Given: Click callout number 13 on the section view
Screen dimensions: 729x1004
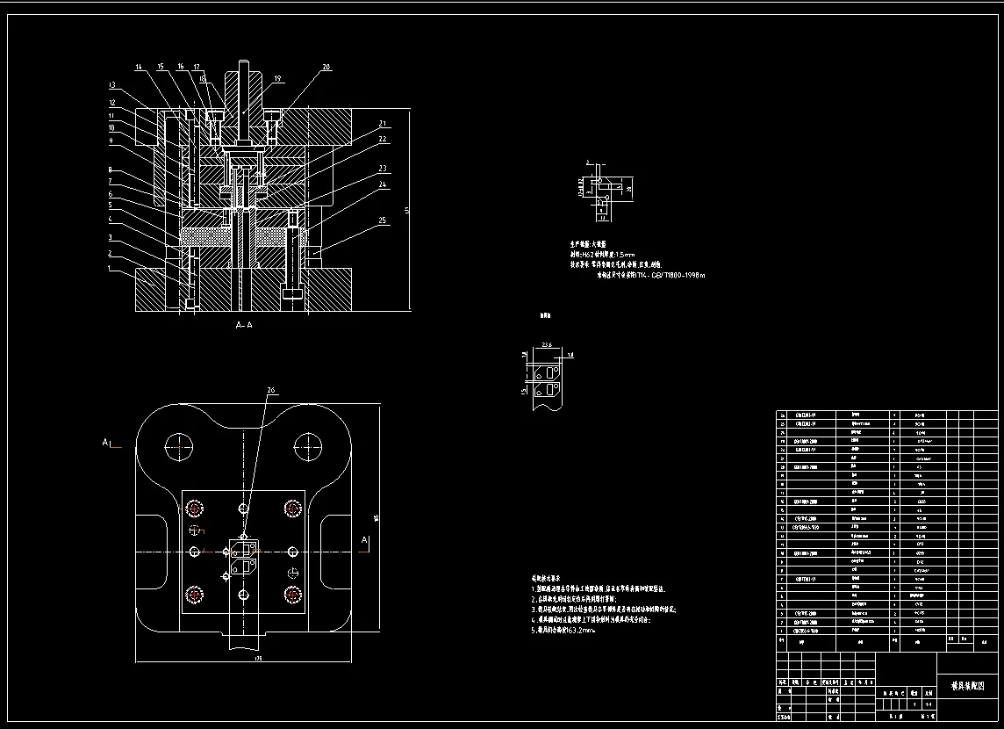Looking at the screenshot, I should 112,85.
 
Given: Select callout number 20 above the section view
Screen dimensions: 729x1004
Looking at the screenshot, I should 326,67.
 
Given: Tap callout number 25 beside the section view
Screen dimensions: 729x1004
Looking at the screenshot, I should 383,220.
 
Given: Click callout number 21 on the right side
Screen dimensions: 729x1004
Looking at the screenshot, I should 383,123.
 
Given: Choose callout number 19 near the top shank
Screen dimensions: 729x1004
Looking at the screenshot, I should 276,79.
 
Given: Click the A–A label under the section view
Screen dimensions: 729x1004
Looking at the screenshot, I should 244,325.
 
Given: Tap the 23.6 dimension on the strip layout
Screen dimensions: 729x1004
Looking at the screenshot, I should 546,344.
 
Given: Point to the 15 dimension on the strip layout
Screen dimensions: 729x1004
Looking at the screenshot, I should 523,392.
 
